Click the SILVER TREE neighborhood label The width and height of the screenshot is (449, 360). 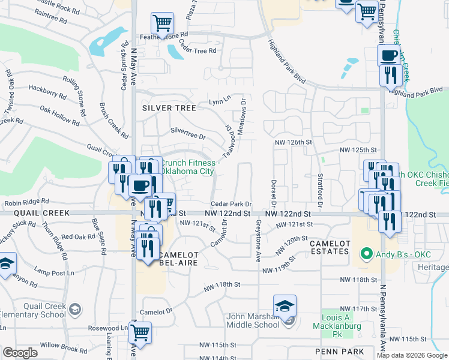click(169, 108)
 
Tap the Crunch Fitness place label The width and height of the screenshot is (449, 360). click(187, 167)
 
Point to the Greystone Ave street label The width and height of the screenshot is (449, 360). click(259, 240)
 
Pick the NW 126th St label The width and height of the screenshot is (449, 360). click(294, 143)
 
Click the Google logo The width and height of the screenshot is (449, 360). click(20, 353)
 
